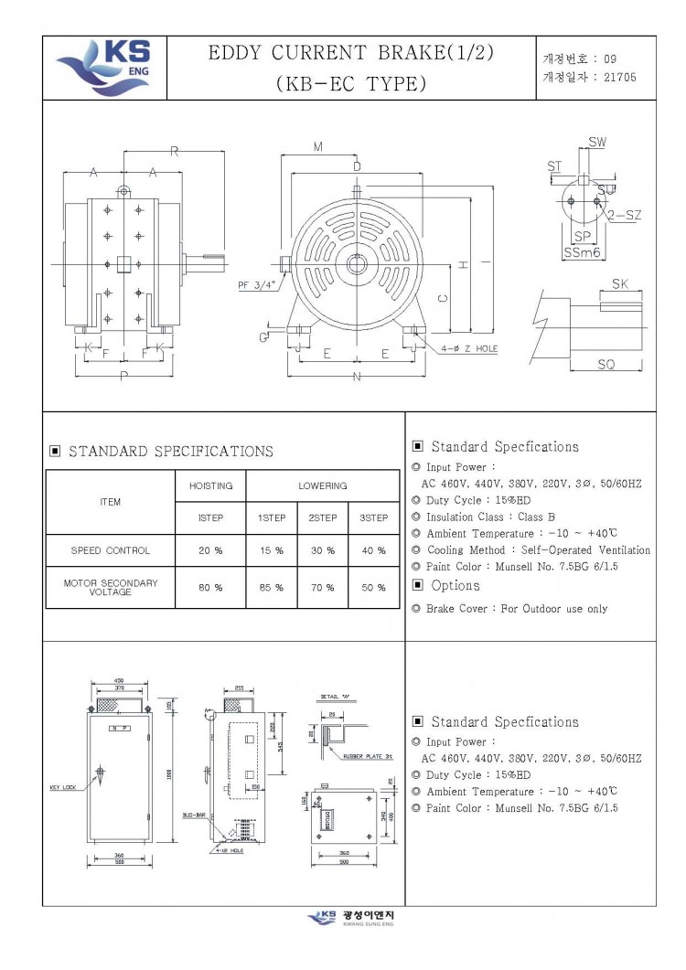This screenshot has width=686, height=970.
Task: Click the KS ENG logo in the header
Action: (x=104, y=67)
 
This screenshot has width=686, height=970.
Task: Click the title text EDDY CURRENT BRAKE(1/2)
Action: (x=351, y=53)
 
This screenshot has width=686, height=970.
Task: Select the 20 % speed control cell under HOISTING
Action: (x=210, y=551)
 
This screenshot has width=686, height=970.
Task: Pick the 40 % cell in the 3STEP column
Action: (x=374, y=551)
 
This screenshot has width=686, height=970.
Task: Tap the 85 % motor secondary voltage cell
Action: (x=272, y=588)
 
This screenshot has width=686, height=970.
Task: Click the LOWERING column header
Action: (x=323, y=485)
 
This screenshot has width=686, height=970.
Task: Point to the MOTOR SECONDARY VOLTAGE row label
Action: (x=110, y=587)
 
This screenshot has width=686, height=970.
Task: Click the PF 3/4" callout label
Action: (x=256, y=284)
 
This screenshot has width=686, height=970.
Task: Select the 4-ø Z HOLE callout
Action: (x=468, y=348)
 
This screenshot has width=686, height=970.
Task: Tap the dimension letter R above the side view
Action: (x=173, y=151)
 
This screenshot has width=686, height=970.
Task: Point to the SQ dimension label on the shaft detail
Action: (x=606, y=364)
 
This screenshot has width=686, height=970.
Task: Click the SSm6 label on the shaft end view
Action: (x=582, y=252)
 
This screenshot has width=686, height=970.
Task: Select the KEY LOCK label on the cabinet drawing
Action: (x=63, y=786)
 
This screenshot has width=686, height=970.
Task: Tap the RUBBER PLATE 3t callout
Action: (x=369, y=757)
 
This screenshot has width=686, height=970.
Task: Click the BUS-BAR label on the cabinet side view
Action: (x=192, y=814)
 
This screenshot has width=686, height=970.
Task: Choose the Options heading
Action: (x=455, y=585)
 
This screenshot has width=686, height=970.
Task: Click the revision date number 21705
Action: (x=619, y=78)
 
